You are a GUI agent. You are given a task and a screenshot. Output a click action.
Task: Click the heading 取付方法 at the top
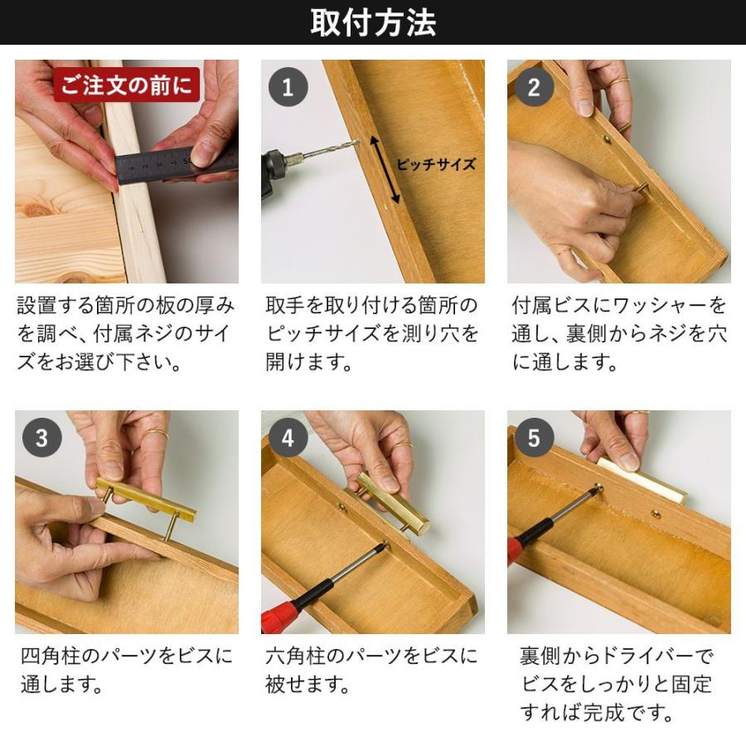pos(373,22)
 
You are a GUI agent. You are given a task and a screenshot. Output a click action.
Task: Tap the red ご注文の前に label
pos(127,85)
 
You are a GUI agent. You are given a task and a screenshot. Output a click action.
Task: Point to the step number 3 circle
pos(41,438)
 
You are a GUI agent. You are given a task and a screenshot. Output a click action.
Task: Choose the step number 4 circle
pos(288,438)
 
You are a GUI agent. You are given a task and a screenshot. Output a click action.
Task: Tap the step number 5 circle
pos(534,438)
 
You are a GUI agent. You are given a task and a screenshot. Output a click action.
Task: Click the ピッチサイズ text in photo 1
pos(435,164)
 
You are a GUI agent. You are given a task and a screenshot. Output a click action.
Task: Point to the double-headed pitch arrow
pos(385,171)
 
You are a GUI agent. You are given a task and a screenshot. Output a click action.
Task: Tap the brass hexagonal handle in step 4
pos(393,502)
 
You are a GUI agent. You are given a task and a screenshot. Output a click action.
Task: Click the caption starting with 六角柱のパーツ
pos(371,671)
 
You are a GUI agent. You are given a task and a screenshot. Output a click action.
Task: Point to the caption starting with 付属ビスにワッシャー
pos(619,334)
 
